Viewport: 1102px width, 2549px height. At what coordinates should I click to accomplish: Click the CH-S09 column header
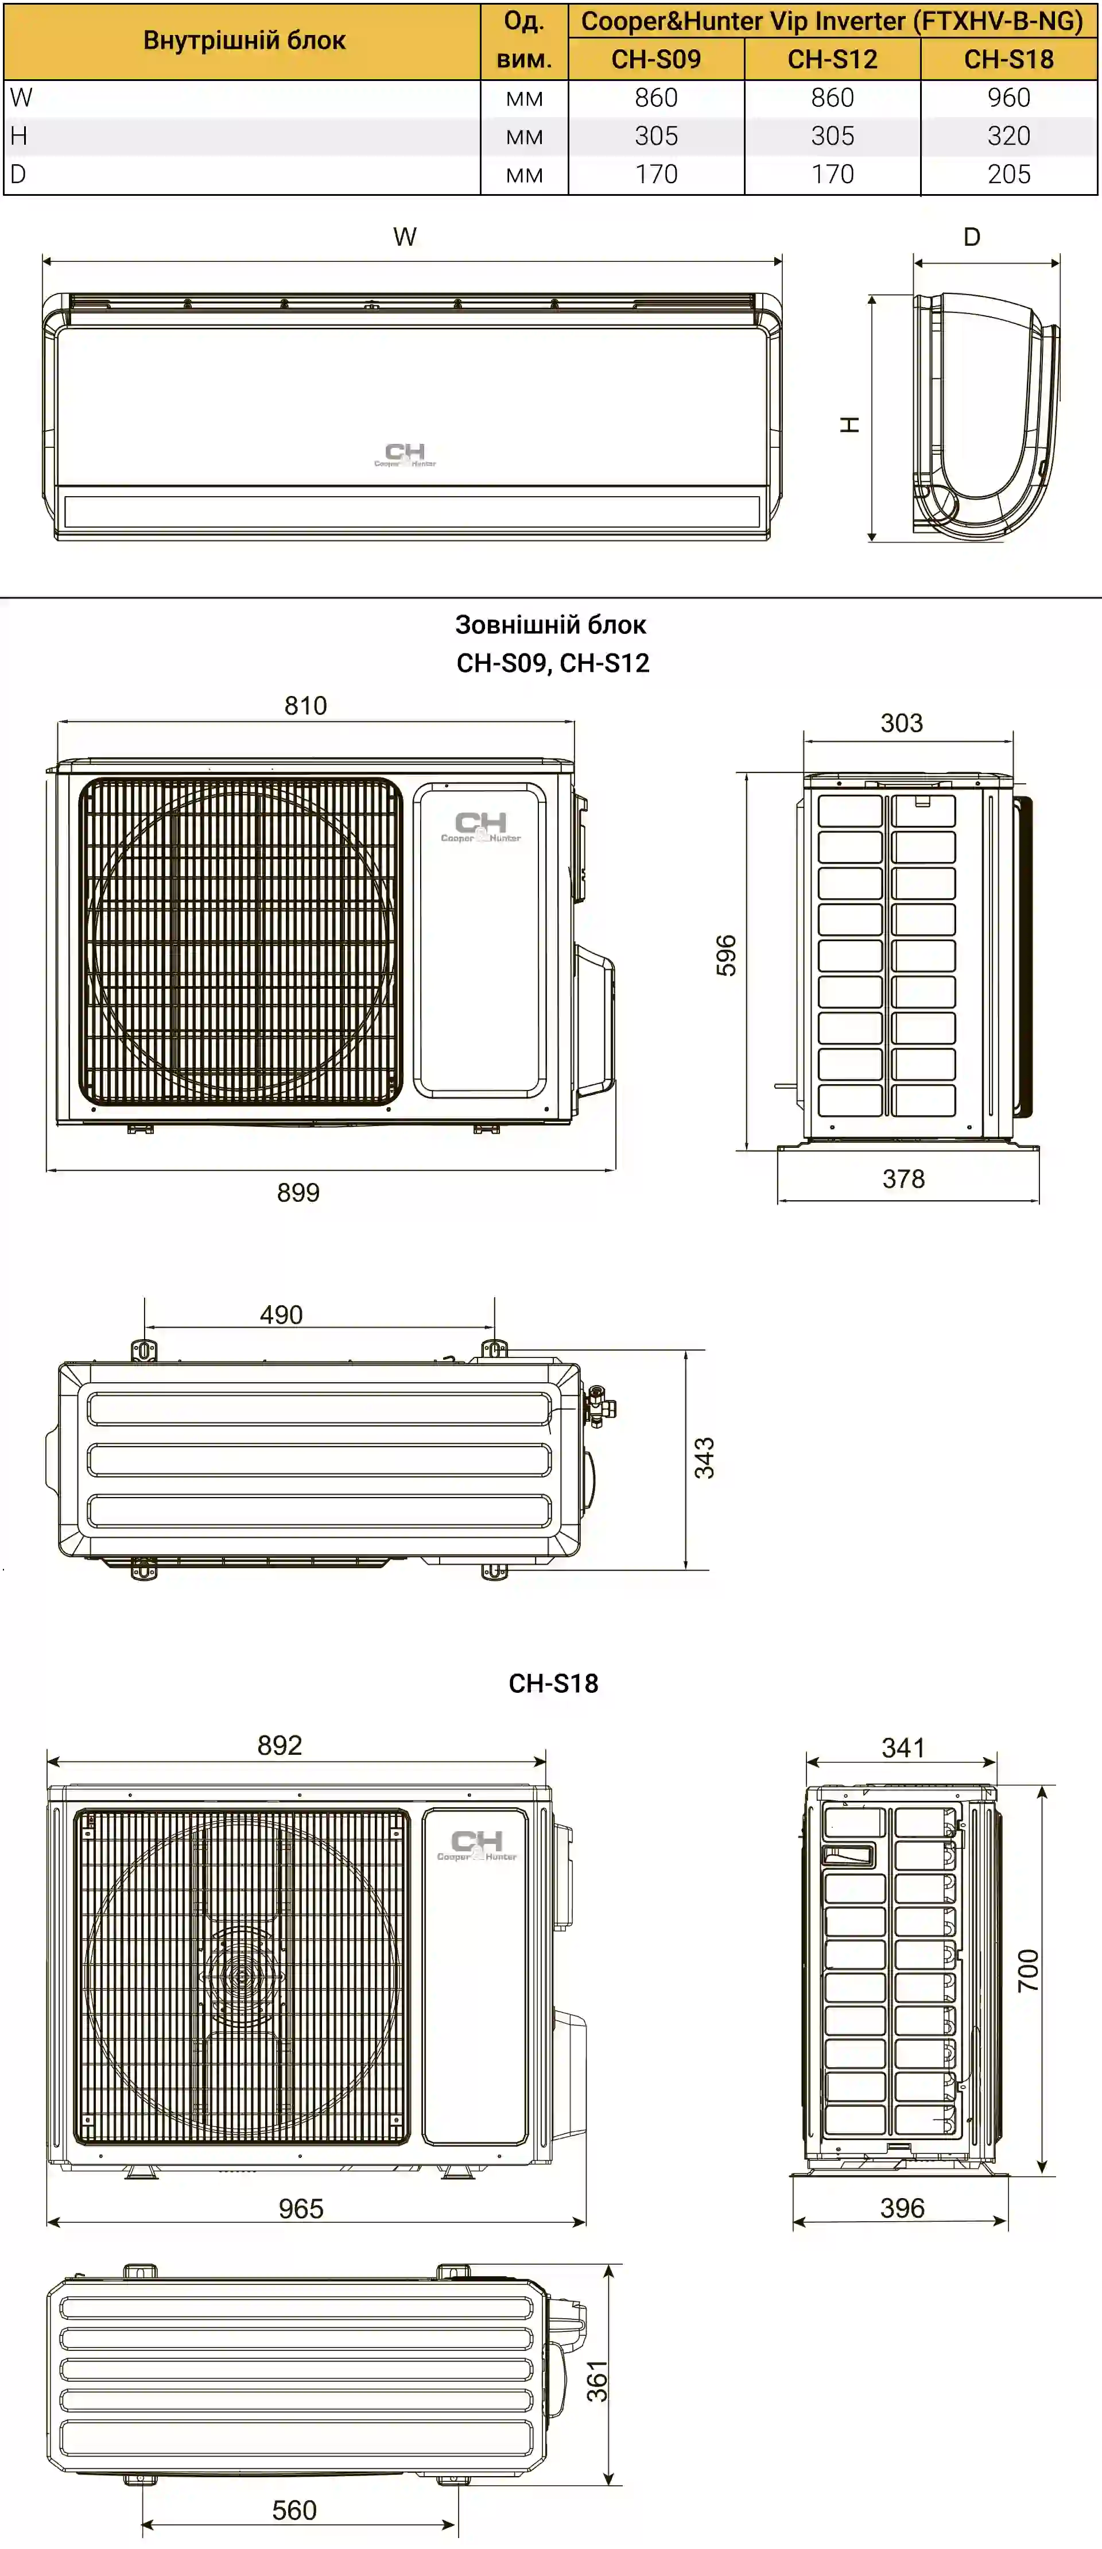click(656, 59)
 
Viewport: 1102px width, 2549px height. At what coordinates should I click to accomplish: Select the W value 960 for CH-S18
click(1009, 98)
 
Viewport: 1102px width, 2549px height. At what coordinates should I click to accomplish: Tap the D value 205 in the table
click(1009, 174)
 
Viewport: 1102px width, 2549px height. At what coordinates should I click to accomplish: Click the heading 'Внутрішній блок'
click(245, 41)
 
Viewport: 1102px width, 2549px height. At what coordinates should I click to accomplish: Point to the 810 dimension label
click(306, 706)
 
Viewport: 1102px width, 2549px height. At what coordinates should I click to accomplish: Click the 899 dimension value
click(298, 1192)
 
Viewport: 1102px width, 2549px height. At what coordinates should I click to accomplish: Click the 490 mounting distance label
click(281, 1315)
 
